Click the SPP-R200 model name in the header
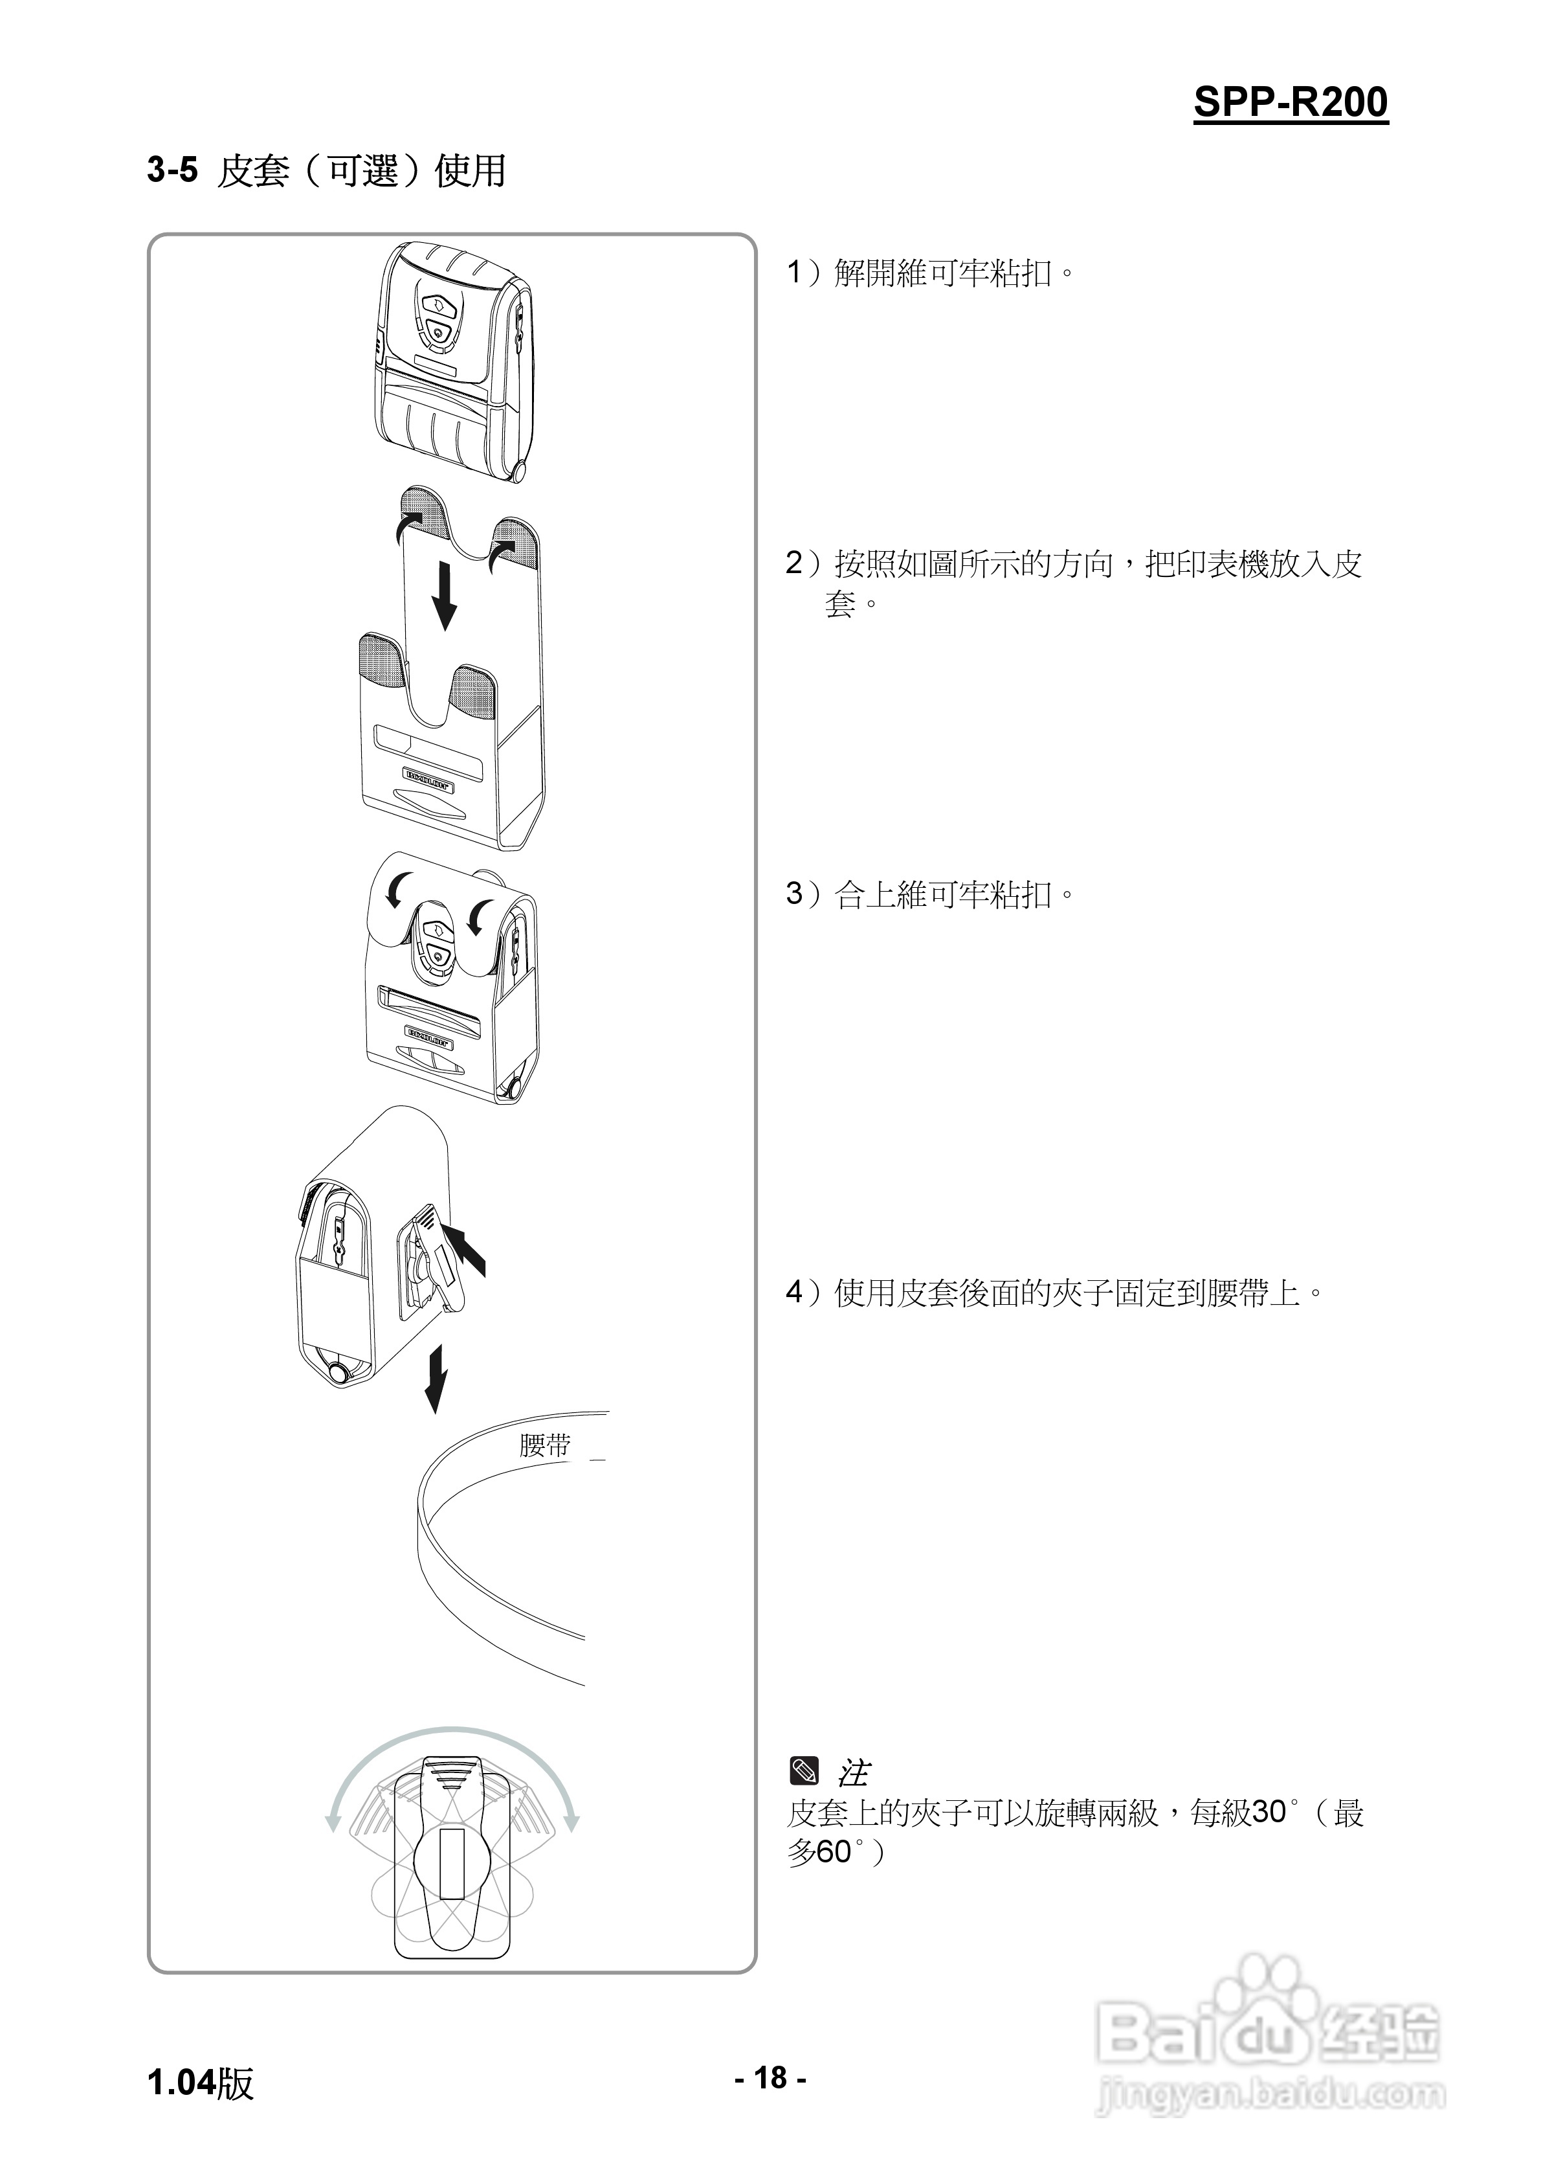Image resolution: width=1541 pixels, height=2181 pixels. coord(1291,102)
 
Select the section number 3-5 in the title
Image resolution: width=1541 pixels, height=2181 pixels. coord(172,170)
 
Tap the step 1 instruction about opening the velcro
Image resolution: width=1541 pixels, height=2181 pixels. coord(931,273)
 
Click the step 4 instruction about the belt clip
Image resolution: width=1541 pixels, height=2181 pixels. coord(1054,1292)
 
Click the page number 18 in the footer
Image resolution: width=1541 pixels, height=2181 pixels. coord(771,2077)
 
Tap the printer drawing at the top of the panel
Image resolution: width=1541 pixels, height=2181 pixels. coord(453,361)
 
